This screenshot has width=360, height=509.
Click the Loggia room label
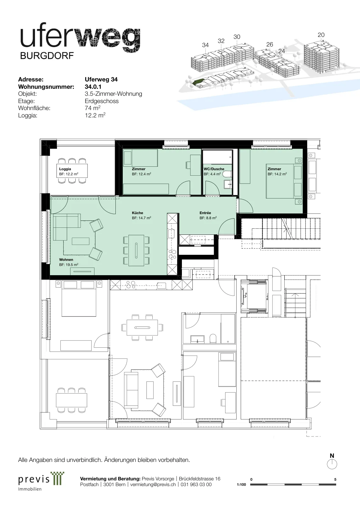[65, 169]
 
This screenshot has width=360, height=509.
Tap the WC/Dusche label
[214, 169]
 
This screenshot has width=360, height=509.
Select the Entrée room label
[205, 213]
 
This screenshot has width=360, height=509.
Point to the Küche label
[137, 213]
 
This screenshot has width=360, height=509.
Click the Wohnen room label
[66, 260]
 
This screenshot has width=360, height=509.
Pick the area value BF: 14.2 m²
[277, 174]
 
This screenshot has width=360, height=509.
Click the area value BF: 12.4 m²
[142, 174]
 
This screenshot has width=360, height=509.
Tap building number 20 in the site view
[321, 35]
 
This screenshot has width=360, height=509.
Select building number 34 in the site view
[205, 45]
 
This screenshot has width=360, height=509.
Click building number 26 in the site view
[270, 44]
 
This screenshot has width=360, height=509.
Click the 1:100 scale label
[241, 485]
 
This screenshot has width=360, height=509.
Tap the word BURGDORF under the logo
[47, 56]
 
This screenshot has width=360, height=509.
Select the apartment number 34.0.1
[93, 87]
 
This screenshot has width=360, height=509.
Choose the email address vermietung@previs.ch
[153, 484]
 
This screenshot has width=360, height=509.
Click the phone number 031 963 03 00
[196, 484]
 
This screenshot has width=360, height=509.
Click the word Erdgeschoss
[101, 101]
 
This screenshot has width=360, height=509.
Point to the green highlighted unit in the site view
[197, 81]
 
